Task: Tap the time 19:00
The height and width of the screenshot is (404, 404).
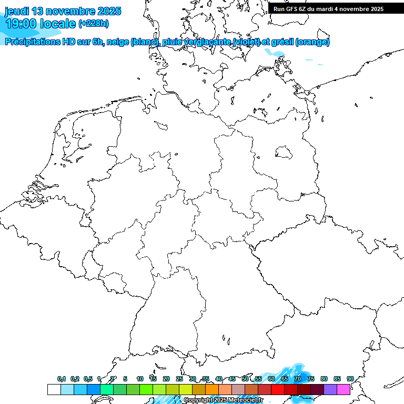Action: pyautogui.click(x=23, y=24)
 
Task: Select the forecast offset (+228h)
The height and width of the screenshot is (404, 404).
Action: pyautogui.click(x=94, y=24)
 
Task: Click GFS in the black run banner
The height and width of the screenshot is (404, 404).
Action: pyautogui.click(x=292, y=9)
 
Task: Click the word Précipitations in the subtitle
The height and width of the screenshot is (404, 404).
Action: pyautogui.click(x=30, y=42)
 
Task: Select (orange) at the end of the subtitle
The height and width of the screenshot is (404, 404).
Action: pyautogui.click(x=313, y=42)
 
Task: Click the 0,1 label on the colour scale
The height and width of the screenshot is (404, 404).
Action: pyautogui.click(x=62, y=379)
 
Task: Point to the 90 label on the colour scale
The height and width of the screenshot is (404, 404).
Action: pyautogui.click(x=350, y=379)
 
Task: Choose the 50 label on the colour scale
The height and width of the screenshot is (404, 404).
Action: pyautogui.click(x=245, y=379)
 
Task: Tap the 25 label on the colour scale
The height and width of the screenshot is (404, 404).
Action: pyautogui.click(x=179, y=379)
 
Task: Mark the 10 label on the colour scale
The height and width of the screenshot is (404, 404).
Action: pyautogui.click(x=140, y=379)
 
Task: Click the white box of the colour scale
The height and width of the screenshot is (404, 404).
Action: pyautogui.click(x=54, y=389)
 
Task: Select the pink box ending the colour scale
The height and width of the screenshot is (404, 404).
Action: pyautogui.click(x=344, y=389)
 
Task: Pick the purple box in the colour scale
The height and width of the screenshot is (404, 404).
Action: pyautogui.click(x=330, y=389)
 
